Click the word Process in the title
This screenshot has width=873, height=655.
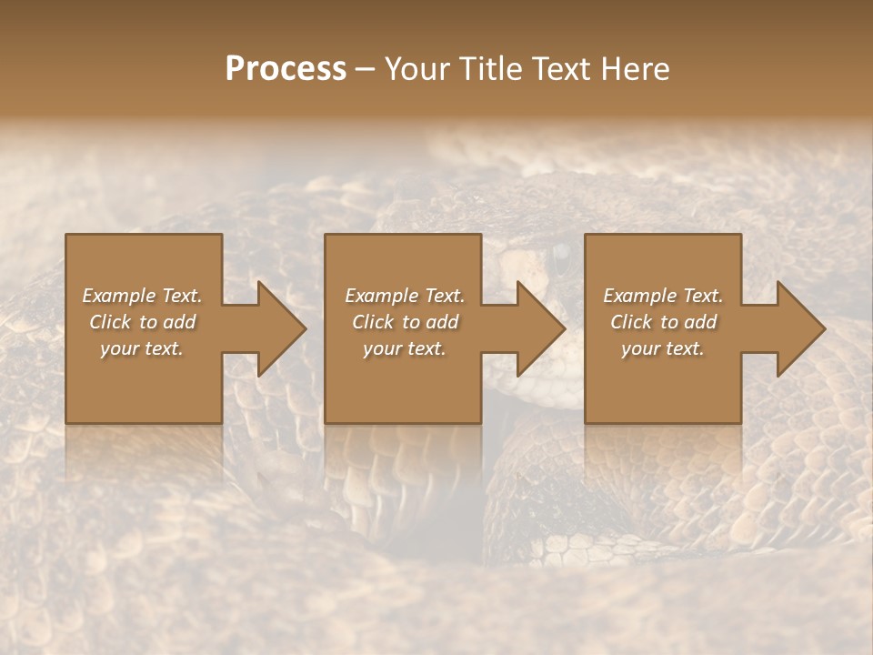(x=286, y=69)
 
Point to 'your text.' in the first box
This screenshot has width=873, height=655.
(x=142, y=348)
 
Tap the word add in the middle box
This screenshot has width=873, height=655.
(x=442, y=322)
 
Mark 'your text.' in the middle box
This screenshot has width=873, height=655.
(x=404, y=348)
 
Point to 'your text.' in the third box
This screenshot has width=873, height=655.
(x=663, y=348)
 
